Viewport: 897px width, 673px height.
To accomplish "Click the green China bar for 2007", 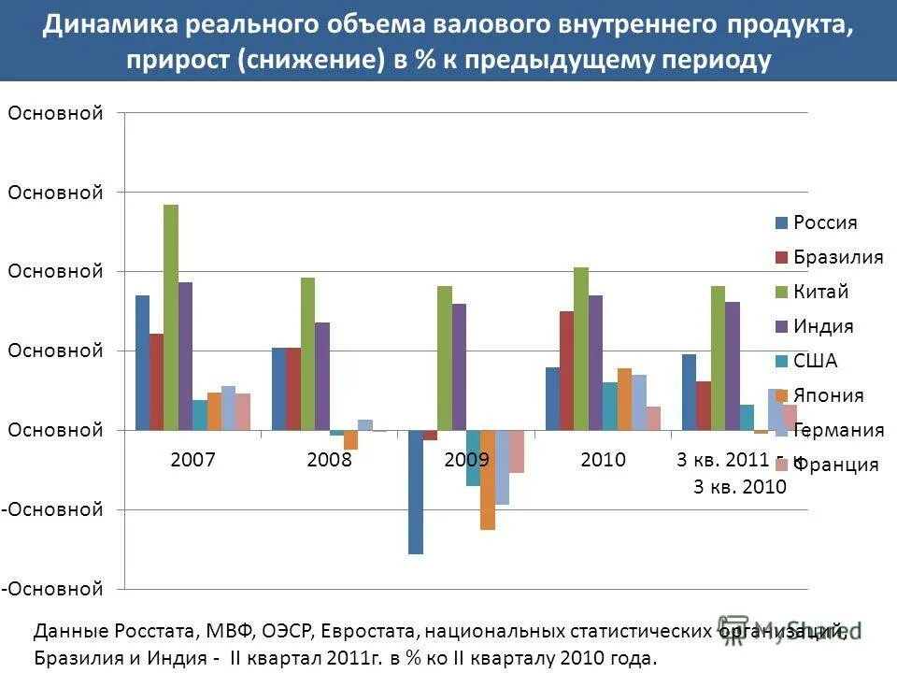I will point(171,317).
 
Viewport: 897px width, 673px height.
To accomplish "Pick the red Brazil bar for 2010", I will point(566,370).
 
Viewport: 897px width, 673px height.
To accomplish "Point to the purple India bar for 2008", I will point(322,376).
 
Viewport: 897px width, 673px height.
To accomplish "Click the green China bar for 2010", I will point(581,349).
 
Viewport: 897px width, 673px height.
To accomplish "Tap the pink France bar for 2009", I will point(517,451).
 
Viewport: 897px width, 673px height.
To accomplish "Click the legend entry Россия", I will point(824,222).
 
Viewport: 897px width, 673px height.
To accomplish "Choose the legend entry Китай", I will point(820,292).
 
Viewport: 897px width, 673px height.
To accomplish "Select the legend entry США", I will point(815,361).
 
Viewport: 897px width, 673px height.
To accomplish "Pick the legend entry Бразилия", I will point(837,257).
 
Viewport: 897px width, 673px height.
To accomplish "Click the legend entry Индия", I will point(822,326).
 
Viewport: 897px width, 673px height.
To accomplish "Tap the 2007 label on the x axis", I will point(193,459).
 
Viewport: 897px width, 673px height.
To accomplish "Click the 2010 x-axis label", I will point(603,459).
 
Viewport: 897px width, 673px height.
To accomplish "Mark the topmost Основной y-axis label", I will point(54,113).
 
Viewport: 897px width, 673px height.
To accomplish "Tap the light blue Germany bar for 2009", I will point(502,467).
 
